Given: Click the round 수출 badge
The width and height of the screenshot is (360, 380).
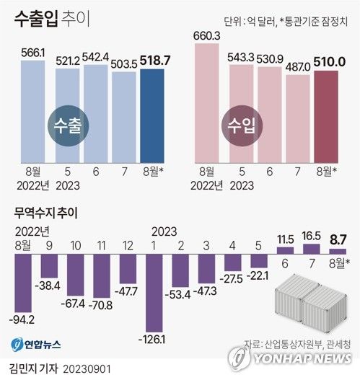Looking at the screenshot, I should pos(69,123).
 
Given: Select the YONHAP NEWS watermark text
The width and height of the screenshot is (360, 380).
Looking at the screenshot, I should pos(299,359).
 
